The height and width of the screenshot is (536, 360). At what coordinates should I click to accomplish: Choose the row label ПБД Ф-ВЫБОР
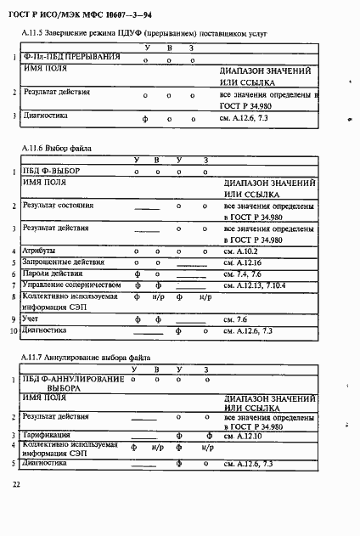(x=52, y=171)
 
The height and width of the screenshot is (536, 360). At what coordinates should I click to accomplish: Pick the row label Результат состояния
(x=59, y=206)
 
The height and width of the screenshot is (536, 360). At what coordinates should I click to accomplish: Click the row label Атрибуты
(x=39, y=251)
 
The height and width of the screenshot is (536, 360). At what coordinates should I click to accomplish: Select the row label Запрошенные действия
(x=63, y=262)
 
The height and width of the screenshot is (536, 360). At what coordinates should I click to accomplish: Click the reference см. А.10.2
(x=239, y=251)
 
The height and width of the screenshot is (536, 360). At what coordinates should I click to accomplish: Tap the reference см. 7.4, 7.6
(x=239, y=274)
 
